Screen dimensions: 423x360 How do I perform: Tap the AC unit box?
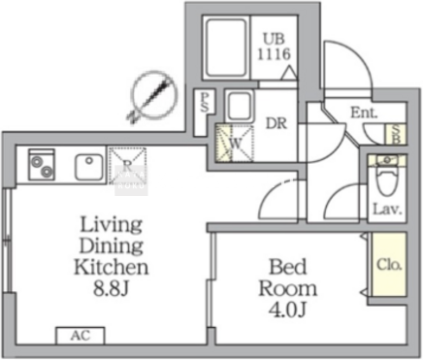[x=81, y=336]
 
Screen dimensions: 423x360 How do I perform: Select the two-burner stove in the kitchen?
[x=41, y=164]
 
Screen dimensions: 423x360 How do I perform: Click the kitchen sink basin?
[x=89, y=167]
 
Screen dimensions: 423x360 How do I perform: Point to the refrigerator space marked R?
[x=127, y=166]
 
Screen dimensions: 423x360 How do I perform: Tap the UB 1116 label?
[x=274, y=48]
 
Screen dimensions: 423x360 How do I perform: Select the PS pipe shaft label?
[x=205, y=102]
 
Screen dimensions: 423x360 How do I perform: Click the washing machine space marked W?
[x=235, y=144]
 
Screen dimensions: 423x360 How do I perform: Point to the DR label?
[x=277, y=123]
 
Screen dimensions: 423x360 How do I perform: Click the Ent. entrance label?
[x=364, y=113]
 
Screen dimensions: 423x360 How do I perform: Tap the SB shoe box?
[x=397, y=134]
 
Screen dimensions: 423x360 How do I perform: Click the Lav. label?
[x=387, y=210]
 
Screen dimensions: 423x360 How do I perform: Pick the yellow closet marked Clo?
[x=389, y=265]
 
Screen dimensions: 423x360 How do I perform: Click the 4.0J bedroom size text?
[x=287, y=310]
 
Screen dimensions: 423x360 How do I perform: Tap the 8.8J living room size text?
[x=112, y=288]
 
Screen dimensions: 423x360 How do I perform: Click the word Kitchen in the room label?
[x=112, y=267]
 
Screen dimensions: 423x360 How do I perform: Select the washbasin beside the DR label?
[x=240, y=107]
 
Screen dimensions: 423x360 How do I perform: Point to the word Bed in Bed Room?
[x=287, y=267]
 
